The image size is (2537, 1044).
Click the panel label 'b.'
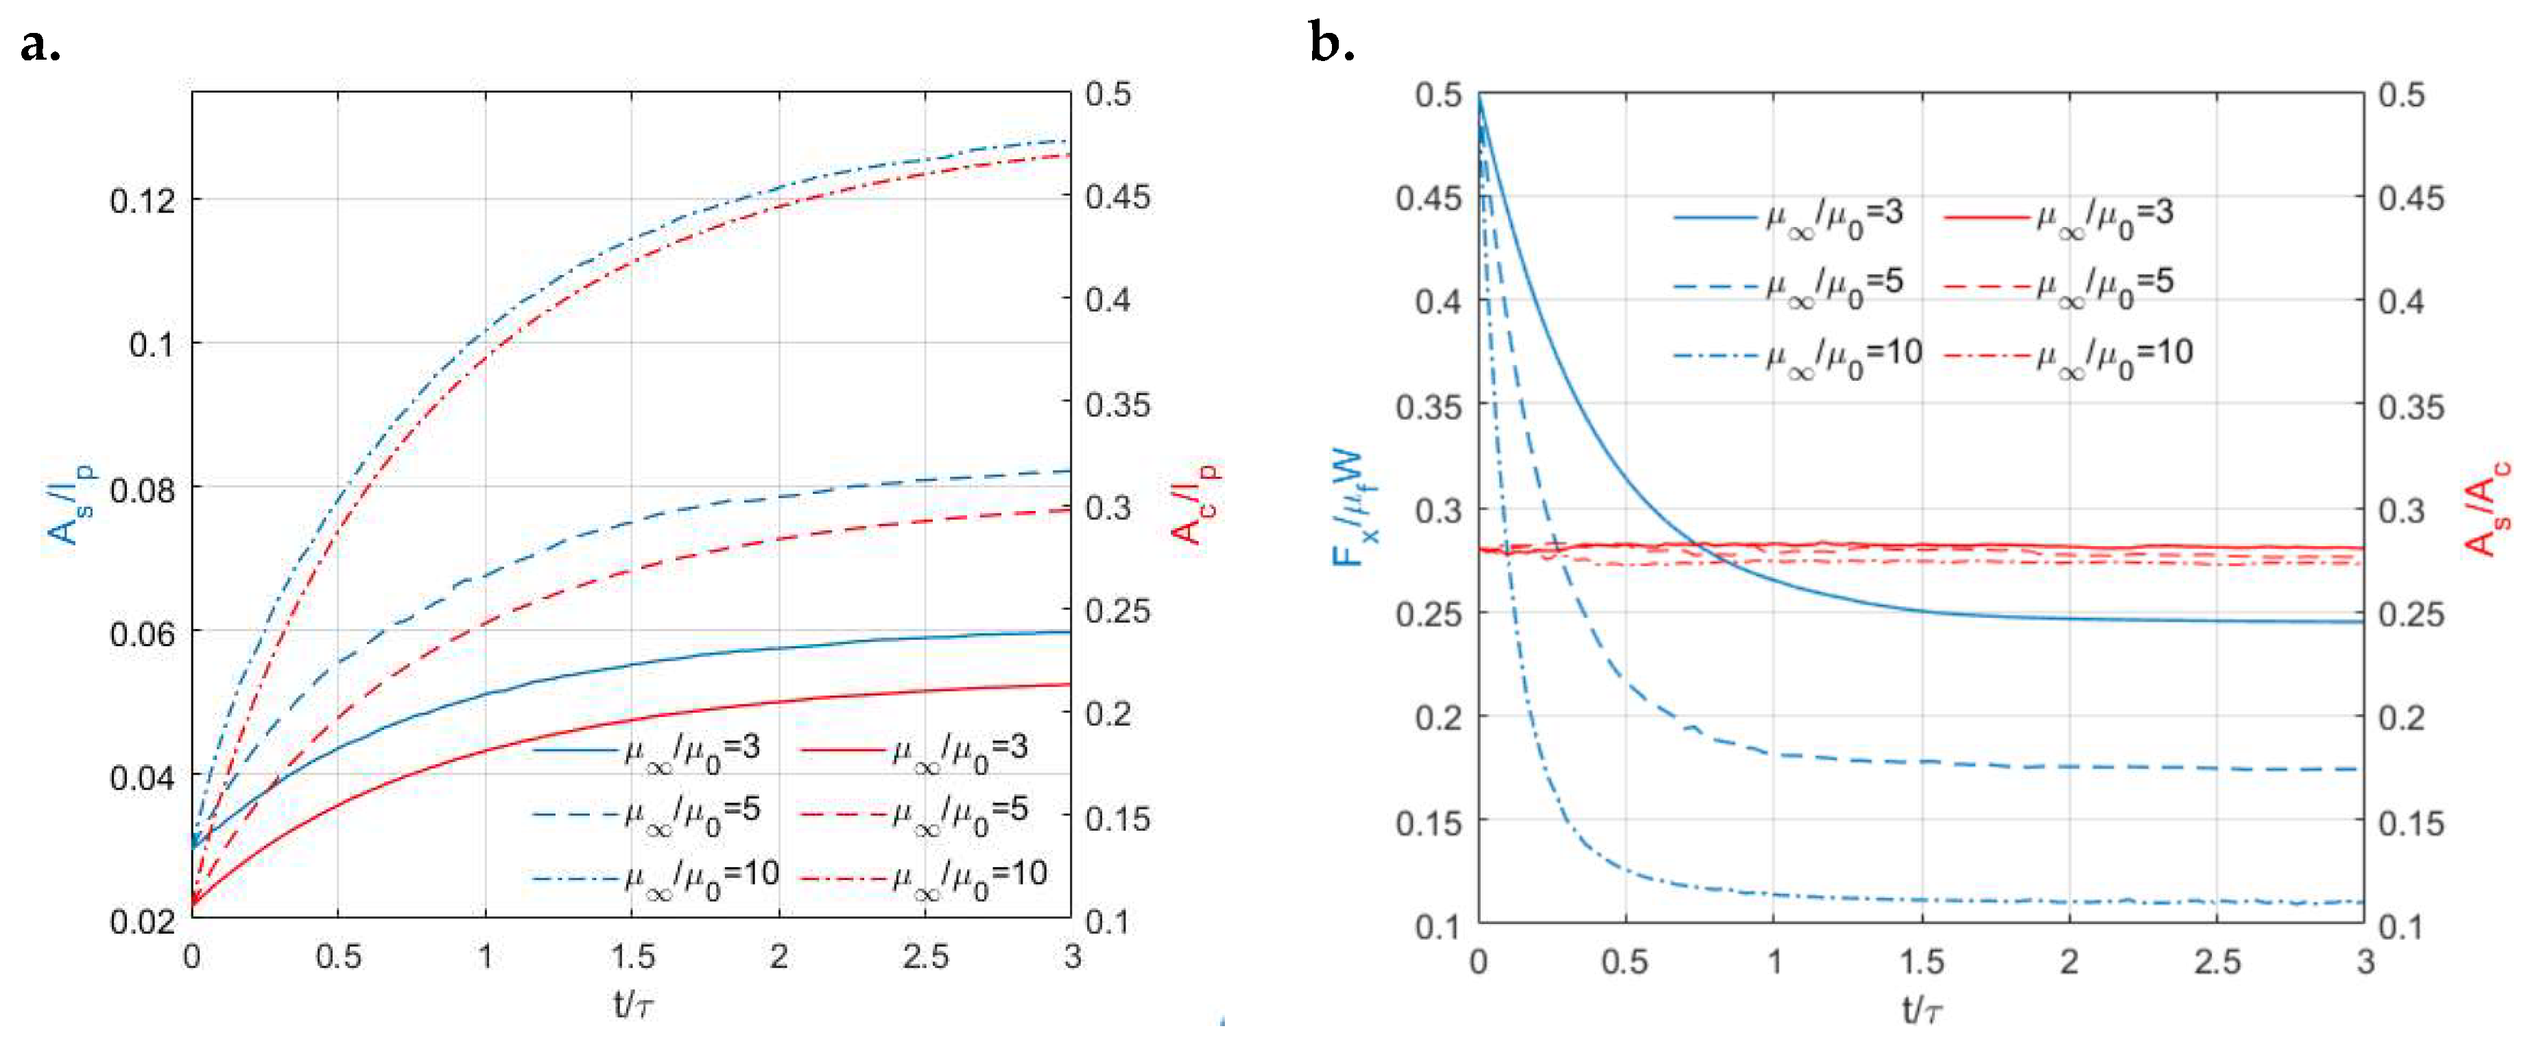tap(1331, 45)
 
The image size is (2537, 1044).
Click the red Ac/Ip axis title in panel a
tap(1195, 503)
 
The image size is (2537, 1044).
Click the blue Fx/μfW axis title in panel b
tap(1354, 509)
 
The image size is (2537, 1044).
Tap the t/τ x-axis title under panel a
tap(633, 1006)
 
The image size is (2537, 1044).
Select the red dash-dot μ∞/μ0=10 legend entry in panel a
tap(922, 875)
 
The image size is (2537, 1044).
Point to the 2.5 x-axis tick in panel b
tap(2217, 961)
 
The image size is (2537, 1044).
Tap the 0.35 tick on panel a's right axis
tap(1117, 404)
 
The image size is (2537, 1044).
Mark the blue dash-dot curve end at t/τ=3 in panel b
tap(2361, 902)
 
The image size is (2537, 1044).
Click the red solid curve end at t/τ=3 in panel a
tap(1069, 685)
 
